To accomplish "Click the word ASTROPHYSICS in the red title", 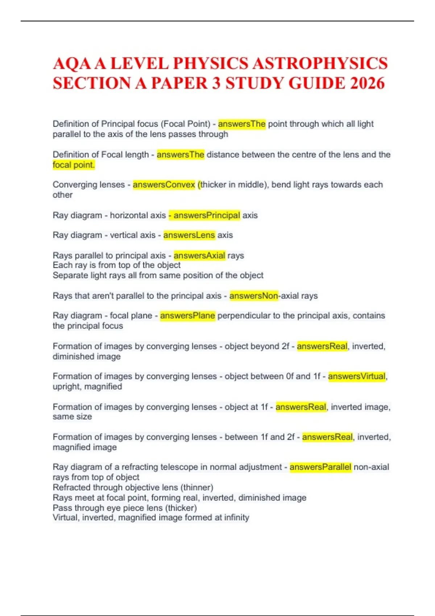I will pyautogui.click(x=320, y=64).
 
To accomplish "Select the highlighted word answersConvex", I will pyautogui.click(x=164, y=185).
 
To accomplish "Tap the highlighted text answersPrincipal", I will pyautogui.click(x=207, y=215).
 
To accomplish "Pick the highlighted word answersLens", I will pyautogui.click(x=189, y=235).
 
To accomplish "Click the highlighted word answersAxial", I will pyautogui.click(x=199, y=255).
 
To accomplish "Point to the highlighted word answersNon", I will pyautogui.click(x=253, y=296).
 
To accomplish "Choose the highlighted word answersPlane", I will pyautogui.click(x=187, y=316).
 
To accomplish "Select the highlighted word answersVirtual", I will pyautogui.click(x=357, y=376).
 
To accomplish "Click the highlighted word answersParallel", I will pyautogui.click(x=320, y=467).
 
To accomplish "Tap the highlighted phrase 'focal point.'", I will pyautogui.click(x=74, y=165).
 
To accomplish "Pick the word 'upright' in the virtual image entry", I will pyautogui.click(x=67, y=387).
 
